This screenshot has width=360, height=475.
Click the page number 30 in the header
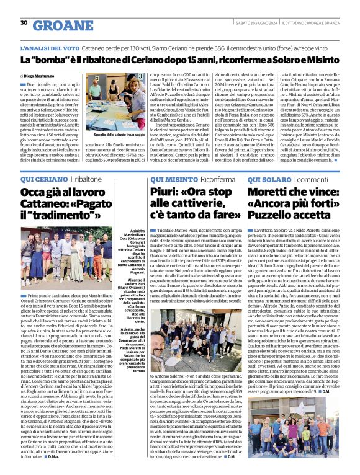(24, 23)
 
